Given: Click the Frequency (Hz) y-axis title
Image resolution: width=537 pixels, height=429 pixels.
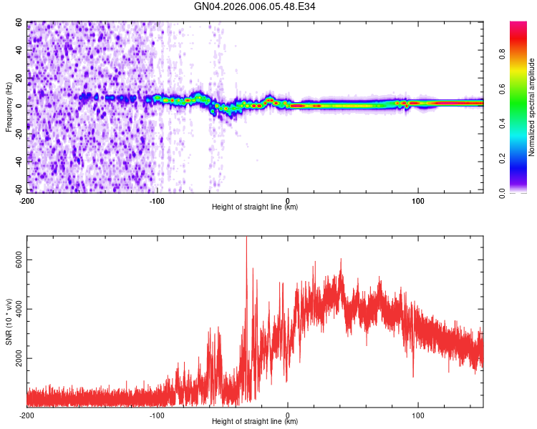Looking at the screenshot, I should click(9, 107).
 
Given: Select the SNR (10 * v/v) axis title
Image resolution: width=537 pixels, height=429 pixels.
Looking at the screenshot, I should click(9, 322).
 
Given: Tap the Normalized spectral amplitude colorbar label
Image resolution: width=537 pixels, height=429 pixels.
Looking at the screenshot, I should click(532, 107).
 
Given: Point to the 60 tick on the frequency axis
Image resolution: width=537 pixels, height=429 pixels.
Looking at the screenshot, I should click(19, 23).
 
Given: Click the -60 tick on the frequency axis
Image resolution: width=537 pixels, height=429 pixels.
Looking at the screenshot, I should click(17, 189).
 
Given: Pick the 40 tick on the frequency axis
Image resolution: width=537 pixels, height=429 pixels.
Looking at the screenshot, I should click(19, 51).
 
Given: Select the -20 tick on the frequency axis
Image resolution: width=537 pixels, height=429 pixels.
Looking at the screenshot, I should click(17, 134).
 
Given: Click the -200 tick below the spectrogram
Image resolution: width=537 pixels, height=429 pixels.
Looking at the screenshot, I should click(26, 199).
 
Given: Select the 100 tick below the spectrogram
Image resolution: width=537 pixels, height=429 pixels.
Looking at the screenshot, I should click(418, 199).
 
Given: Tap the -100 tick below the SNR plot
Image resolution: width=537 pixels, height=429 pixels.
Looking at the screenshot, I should click(157, 415).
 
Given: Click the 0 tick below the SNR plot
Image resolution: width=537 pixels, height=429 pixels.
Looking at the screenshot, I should click(288, 415).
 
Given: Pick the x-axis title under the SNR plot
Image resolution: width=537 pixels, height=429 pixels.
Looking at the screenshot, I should click(255, 422).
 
